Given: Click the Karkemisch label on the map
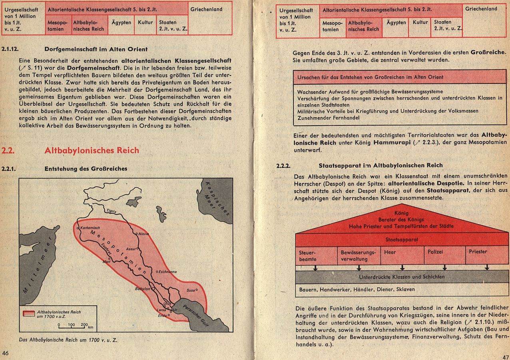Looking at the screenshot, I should pyautogui.click(x=90, y=228).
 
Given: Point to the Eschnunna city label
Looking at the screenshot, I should pyautogui.click(x=167, y=272).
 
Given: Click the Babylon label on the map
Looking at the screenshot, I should pyautogui.click(x=143, y=288).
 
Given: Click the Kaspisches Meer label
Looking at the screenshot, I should pyautogui.click(x=218, y=199).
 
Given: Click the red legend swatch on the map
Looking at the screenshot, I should pyautogui.click(x=29, y=313).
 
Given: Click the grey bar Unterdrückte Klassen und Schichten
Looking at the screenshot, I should pyautogui.click(x=402, y=276).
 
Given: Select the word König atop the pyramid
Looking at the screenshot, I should pyautogui.click(x=401, y=213).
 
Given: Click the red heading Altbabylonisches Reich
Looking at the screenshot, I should pyautogui.click(x=92, y=150).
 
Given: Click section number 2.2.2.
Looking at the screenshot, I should pyautogui.click(x=283, y=165).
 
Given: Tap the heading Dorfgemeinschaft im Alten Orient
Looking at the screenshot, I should pyautogui.click(x=96, y=50).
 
